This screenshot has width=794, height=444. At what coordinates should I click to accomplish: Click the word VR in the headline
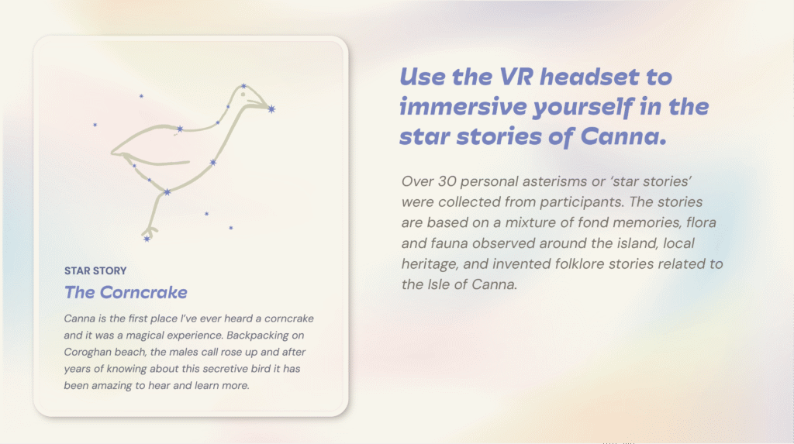coord(516,77)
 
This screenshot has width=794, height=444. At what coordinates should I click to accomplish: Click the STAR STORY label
coord(95,271)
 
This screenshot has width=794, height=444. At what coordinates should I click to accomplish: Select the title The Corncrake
coord(126,292)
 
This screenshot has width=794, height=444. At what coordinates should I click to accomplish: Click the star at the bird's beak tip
coord(272,108)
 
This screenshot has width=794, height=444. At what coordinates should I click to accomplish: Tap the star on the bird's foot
coord(147,239)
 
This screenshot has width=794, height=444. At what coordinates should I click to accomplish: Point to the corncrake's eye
coord(243,95)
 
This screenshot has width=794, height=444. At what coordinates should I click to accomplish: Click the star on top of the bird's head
coord(243,86)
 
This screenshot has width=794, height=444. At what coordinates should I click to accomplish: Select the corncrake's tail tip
coord(112,152)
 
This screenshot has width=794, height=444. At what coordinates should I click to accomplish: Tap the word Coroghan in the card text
coord(87,353)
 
